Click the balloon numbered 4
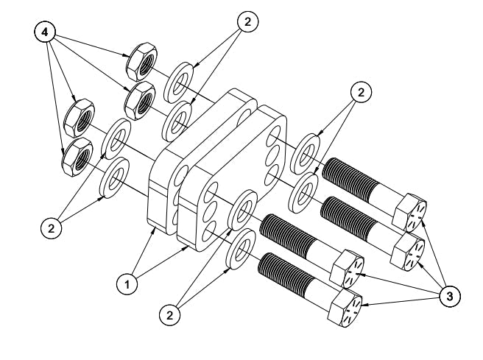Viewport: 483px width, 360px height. point(45,32)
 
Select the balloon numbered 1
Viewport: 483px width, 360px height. point(127,284)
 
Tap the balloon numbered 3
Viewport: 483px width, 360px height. point(450,297)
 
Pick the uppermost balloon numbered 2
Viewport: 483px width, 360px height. point(247,21)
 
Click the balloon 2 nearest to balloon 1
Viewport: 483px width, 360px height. point(170,315)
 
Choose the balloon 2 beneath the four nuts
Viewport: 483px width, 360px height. point(51,228)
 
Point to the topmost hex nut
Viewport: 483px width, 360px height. point(141,60)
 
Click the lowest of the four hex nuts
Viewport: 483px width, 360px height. point(77,157)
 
